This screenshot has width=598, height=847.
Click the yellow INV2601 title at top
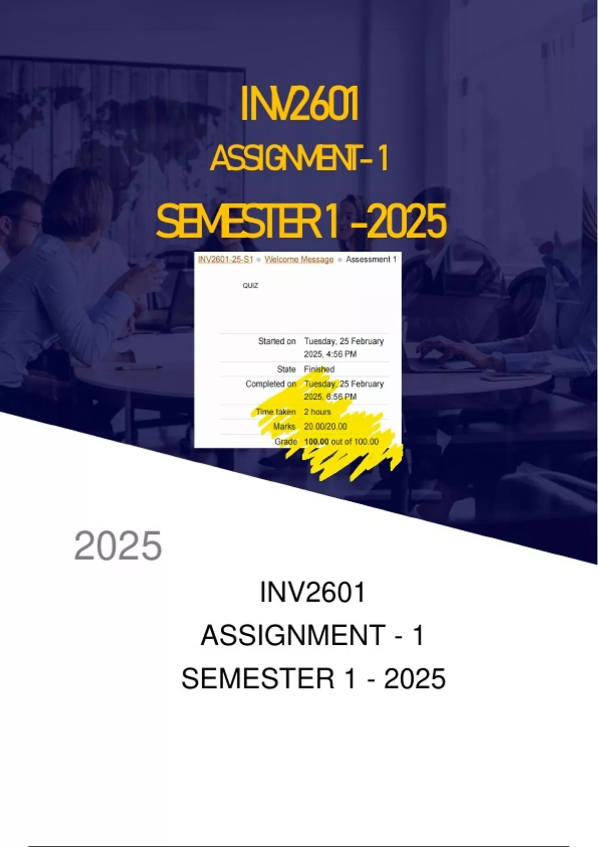pos(299,104)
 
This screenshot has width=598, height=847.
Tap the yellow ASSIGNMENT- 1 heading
pos(299,159)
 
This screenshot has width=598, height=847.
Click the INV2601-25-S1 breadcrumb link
pos(225,260)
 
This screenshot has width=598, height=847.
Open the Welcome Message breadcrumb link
pos(299,260)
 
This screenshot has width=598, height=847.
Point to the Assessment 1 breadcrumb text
pos(371,260)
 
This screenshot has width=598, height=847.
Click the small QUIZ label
pos(250,285)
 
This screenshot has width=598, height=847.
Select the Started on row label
pos(277,341)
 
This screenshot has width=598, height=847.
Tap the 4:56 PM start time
pos(340,354)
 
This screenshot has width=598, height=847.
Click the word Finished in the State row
pos(319,369)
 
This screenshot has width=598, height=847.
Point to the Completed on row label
pos(271,384)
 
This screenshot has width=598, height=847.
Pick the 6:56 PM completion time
pos(340,397)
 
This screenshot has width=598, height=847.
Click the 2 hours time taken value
pos(317,412)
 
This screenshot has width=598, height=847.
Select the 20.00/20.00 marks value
pos(325,426)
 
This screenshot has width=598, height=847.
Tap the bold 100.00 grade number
pos(316,441)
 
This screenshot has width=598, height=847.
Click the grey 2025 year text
pos(118,546)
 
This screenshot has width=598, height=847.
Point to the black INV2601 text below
pos(312,592)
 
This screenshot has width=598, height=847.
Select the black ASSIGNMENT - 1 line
pos(312,635)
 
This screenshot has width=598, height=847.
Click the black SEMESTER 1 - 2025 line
pos(313,679)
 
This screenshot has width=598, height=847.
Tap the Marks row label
pos(285,426)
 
